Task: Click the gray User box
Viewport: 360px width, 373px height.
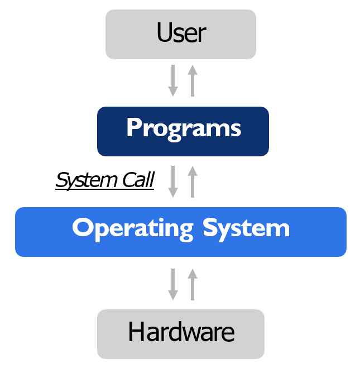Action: pyautogui.click(x=180, y=34)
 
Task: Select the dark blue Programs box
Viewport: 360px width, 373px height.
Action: pyautogui.click(x=183, y=131)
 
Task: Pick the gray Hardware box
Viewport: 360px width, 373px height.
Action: pyautogui.click(x=180, y=334)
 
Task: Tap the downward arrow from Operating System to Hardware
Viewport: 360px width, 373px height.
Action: pyautogui.click(x=173, y=284)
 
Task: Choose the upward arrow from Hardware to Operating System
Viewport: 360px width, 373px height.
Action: pyautogui.click(x=193, y=284)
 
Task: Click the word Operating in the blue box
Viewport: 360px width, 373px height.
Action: pyautogui.click(x=132, y=229)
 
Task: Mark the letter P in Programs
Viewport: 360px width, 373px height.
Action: pyautogui.click(x=134, y=128)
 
